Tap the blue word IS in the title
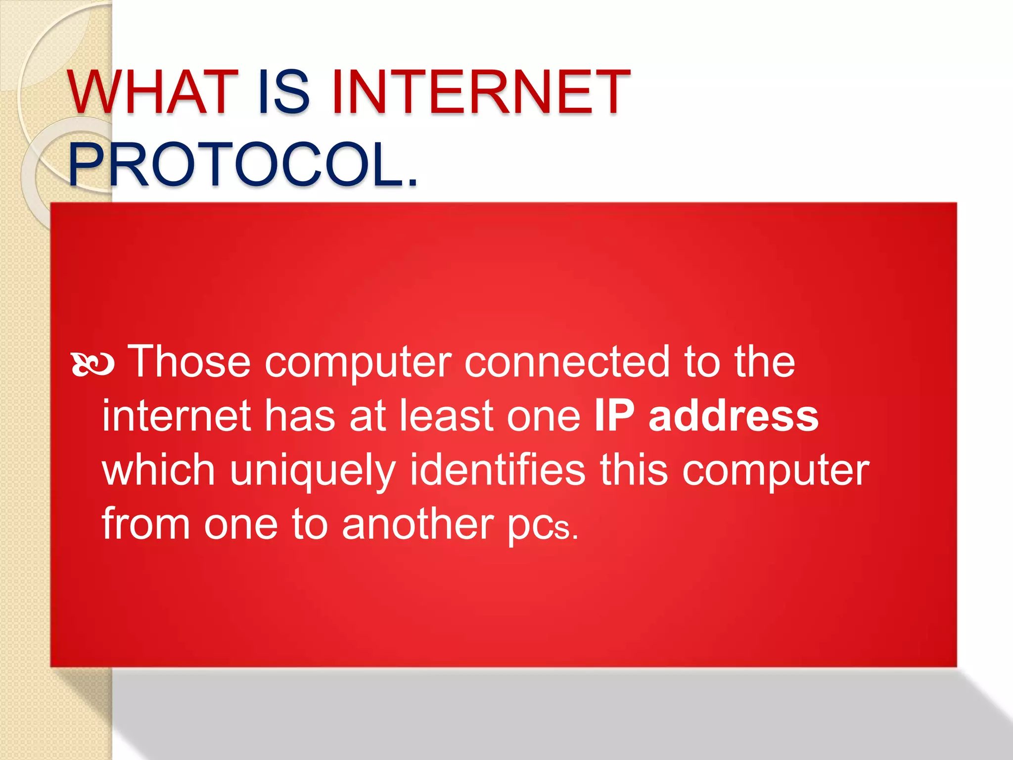click(x=284, y=93)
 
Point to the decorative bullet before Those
click(x=93, y=365)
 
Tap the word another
click(x=418, y=524)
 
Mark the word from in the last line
click(x=146, y=524)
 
